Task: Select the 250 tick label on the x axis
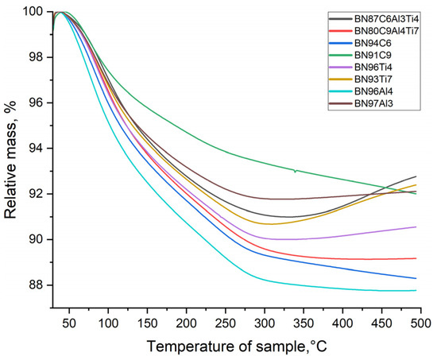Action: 225,323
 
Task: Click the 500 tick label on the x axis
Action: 421,323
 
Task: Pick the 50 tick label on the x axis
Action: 69,323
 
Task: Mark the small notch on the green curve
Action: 295,171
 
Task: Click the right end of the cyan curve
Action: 416,290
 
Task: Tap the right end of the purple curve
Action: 416,226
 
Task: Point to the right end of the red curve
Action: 416,258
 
